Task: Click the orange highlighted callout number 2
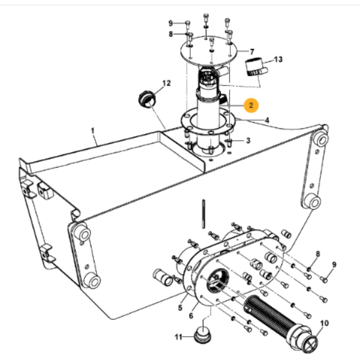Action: click(x=251, y=106)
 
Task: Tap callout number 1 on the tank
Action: click(x=93, y=131)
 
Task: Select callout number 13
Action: click(x=278, y=59)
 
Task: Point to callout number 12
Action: click(x=166, y=83)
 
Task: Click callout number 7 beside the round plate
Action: click(x=252, y=52)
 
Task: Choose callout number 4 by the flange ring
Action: click(x=267, y=121)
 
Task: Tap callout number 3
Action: click(x=248, y=140)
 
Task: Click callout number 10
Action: click(x=324, y=323)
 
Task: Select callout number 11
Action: click(x=178, y=337)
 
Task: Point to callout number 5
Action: click(x=180, y=308)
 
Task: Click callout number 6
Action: click(x=191, y=316)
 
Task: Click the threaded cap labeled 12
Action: click(x=147, y=100)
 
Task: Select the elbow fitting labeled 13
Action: click(x=256, y=67)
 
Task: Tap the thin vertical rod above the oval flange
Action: click(x=203, y=214)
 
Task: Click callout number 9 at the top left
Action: click(x=170, y=23)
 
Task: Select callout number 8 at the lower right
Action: click(x=318, y=254)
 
